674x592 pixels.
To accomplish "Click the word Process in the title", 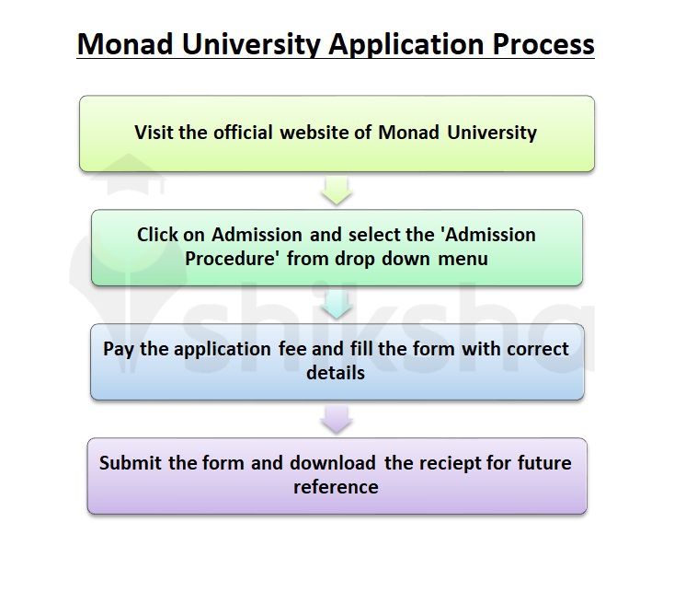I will [x=538, y=44].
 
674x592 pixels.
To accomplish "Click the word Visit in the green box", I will [x=155, y=132].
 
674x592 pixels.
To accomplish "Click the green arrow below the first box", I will [x=337, y=192].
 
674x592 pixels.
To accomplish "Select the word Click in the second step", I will [x=157, y=235].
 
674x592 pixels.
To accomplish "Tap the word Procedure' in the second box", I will [x=234, y=259].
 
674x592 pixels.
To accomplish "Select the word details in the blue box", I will [x=337, y=373].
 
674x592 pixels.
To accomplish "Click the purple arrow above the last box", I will [x=337, y=420].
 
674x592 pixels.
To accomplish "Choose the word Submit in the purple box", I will [x=131, y=462].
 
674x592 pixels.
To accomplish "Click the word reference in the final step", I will [x=337, y=486].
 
